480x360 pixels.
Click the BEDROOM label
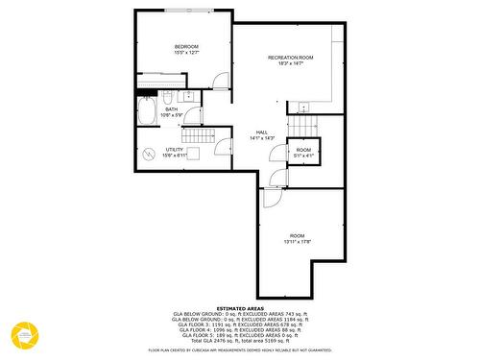[186, 47]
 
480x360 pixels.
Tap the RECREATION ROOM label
[290, 58]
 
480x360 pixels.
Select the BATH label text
[171, 109]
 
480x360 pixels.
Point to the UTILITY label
[174, 150]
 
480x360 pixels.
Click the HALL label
[261, 132]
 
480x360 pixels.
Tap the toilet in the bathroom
[167, 98]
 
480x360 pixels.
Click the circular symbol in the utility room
[149, 153]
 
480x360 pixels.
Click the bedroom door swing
[221, 83]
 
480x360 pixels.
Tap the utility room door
[223, 148]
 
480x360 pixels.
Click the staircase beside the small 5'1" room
[304, 126]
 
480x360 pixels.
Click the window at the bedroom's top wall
[198, 12]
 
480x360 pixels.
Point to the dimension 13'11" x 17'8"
[297, 242]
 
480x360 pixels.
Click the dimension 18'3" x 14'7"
[290, 64]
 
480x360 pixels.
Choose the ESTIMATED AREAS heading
[240, 307]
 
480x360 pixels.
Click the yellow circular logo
[22, 335]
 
